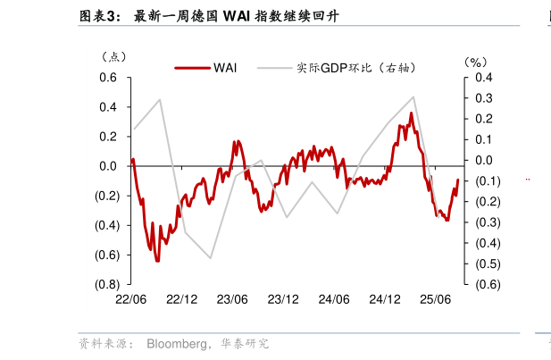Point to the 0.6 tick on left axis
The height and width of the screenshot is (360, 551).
(107, 78)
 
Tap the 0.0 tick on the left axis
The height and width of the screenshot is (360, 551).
(107, 166)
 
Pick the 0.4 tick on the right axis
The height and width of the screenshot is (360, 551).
(484, 78)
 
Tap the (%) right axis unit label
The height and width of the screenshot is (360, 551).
(474, 62)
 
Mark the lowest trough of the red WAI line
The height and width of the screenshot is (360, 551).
(157, 260)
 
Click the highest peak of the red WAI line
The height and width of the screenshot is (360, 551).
(412, 113)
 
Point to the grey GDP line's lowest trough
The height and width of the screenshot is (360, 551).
(211, 258)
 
